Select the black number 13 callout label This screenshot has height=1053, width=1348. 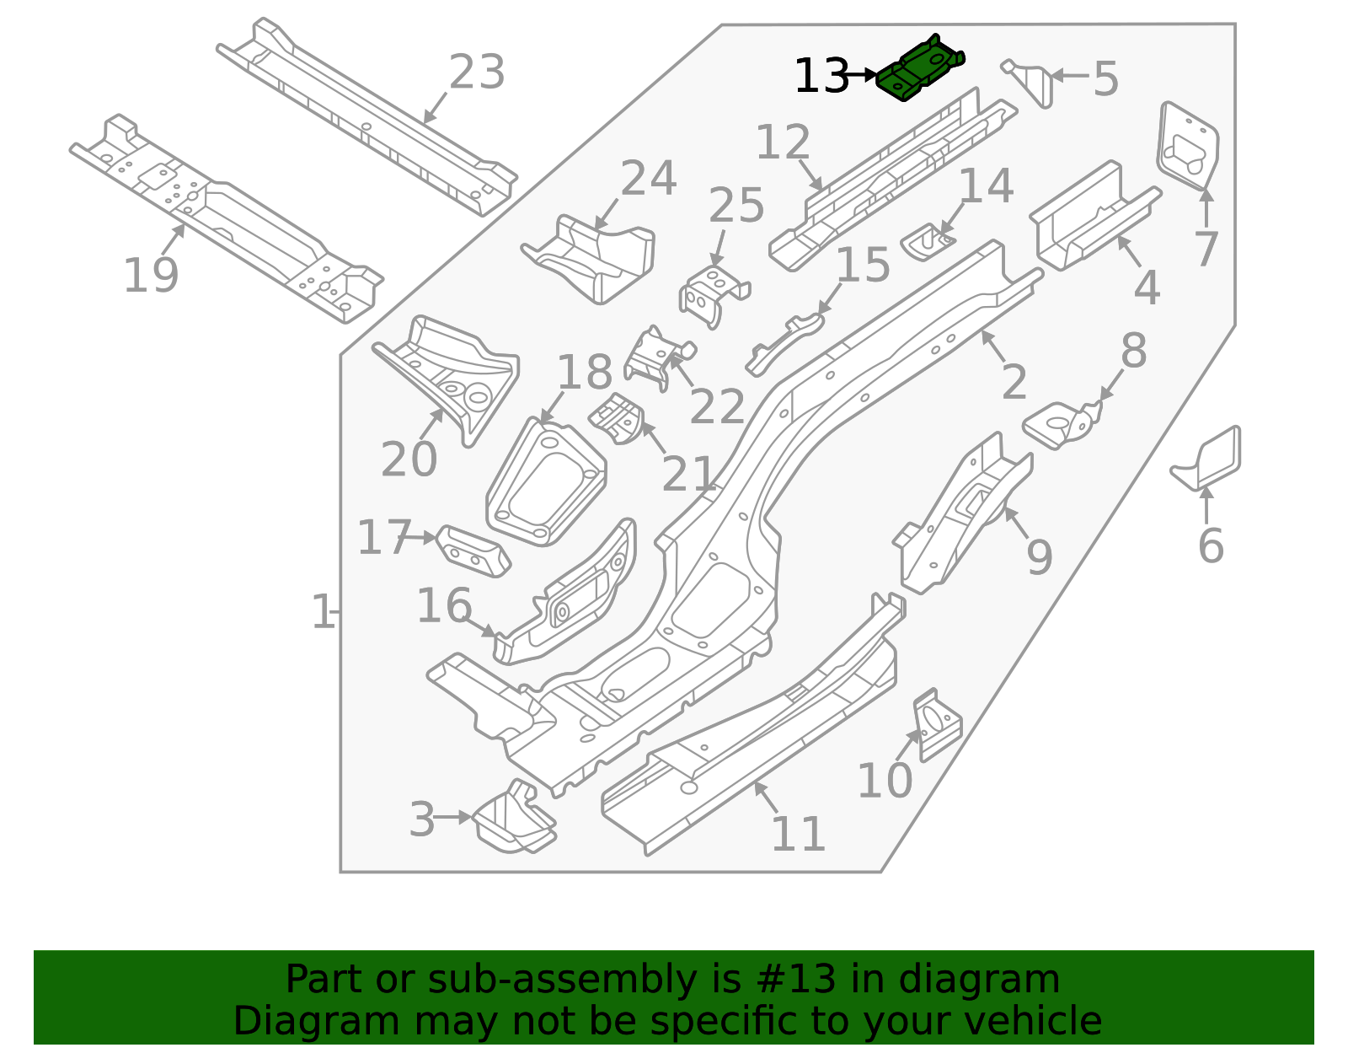pos(821,77)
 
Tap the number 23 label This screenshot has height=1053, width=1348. pos(477,73)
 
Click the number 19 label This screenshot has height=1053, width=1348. pos(151,276)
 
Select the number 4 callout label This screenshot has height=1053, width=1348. pos(1147,288)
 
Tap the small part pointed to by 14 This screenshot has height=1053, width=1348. pos(927,242)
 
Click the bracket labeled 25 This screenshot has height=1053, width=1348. pos(713,295)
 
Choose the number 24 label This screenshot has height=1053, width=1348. pos(648,179)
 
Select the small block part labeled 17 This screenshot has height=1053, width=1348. pos(473,551)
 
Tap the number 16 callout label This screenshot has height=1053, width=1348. pos(444,606)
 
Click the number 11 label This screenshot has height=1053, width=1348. pos(798,835)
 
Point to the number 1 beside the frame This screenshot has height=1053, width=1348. pos(323,612)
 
